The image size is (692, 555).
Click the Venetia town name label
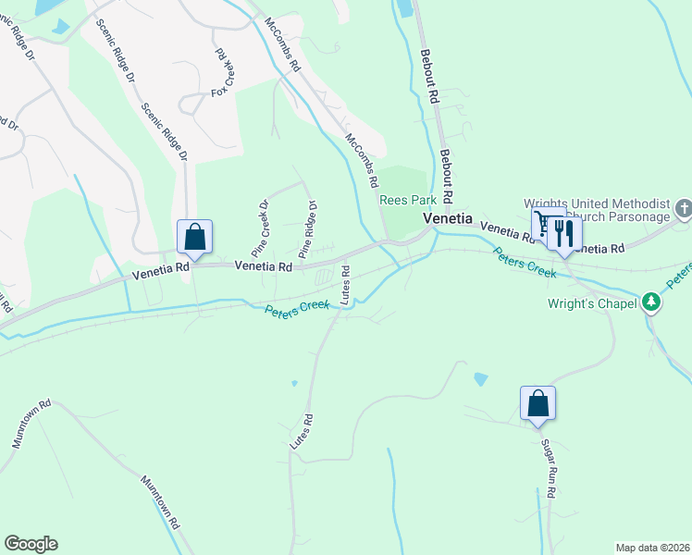pyautogui.click(x=449, y=219)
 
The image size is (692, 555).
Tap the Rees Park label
pyautogui.click(x=407, y=200)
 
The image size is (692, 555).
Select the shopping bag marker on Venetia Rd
pyautogui.click(x=195, y=237)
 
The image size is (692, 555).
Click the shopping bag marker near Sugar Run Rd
pyautogui.click(x=538, y=403)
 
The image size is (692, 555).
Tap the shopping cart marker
pyautogui.click(x=545, y=224)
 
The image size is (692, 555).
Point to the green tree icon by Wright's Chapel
pyautogui.click(x=652, y=302)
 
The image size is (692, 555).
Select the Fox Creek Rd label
pyautogui.click(x=223, y=72)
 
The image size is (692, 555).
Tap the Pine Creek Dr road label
pyautogui.click(x=259, y=228)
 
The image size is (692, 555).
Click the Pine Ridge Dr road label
pyautogui.click(x=308, y=229)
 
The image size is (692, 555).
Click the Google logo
pyautogui.click(x=31, y=544)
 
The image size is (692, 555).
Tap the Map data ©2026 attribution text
pyautogui.click(x=652, y=548)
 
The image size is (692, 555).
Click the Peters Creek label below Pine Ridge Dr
pyautogui.click(x=297, y=307)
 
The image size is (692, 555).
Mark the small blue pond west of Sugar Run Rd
pyautogui.click(x=479, y=379)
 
